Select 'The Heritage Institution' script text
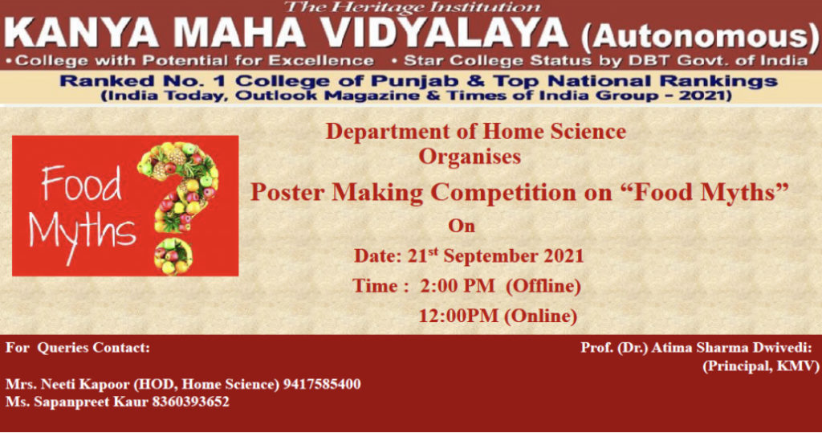coord(412,7)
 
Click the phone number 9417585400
coord(322,384)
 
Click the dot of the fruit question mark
coord(173,256)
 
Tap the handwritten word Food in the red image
coord(81,183)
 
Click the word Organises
coord(470,157)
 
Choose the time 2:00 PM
coord(457,285)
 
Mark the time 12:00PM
coord(458,316)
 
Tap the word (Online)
coord(540,317)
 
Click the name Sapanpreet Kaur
coord(92,402)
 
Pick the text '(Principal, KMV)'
coord(761,366)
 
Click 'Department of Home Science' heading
coord(476,131)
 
